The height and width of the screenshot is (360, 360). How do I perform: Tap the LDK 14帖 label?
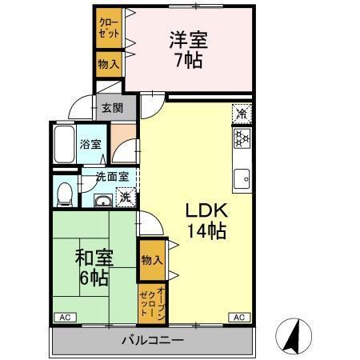(206, 222)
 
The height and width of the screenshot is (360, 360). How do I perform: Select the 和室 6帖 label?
(94, 268)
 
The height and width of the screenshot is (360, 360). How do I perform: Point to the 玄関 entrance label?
(112, 108)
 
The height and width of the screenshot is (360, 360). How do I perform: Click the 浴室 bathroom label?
(90, 145)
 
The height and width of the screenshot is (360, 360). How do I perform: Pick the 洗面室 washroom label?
(111, 177)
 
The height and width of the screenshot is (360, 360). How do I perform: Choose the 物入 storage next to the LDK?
(151, 260)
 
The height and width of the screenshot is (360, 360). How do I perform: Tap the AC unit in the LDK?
(238, 318)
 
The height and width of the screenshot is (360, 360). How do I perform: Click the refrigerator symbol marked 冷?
(241, 115)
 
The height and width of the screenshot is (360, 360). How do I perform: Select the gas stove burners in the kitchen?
(241, 141)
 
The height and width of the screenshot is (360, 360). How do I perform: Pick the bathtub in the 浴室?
(64, 146)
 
